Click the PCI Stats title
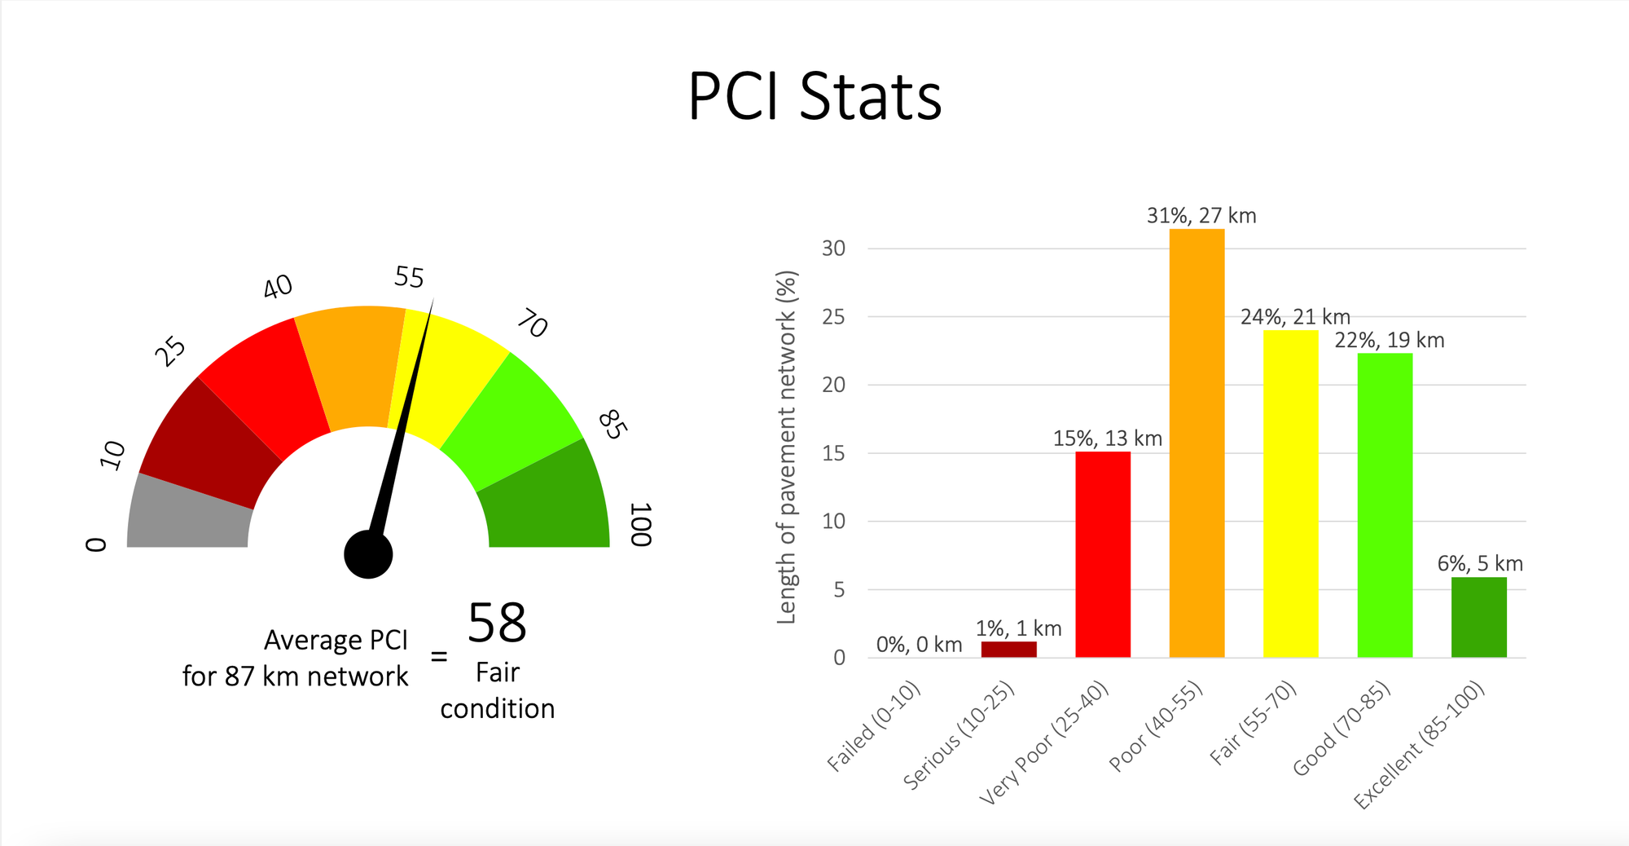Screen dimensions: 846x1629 (814, 97)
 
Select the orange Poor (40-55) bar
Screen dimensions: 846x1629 (1197, 443)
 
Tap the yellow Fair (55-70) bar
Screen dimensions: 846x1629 (1290, 494)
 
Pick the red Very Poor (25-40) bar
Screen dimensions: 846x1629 (1102, 554)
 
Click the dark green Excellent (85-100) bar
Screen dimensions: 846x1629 (1478, 617)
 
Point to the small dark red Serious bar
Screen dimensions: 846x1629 (1008, 649)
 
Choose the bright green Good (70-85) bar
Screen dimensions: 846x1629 (1385, 505)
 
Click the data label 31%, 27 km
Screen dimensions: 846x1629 (1201, 216)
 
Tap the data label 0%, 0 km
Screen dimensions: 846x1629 (919, 645)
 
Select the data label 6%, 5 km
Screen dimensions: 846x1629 (1479, 563)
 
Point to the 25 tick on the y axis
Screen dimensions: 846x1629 (833, 317)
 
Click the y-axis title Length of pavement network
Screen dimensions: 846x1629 (786, 447)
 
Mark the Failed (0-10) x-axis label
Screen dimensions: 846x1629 (874, 726)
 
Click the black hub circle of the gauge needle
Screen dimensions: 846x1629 (368, 554)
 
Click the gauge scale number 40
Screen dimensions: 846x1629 (278, 287)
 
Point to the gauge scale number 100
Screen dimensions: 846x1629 (641, 524)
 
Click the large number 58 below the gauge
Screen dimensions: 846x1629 (497, 623)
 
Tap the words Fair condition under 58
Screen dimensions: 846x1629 (497, 690)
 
